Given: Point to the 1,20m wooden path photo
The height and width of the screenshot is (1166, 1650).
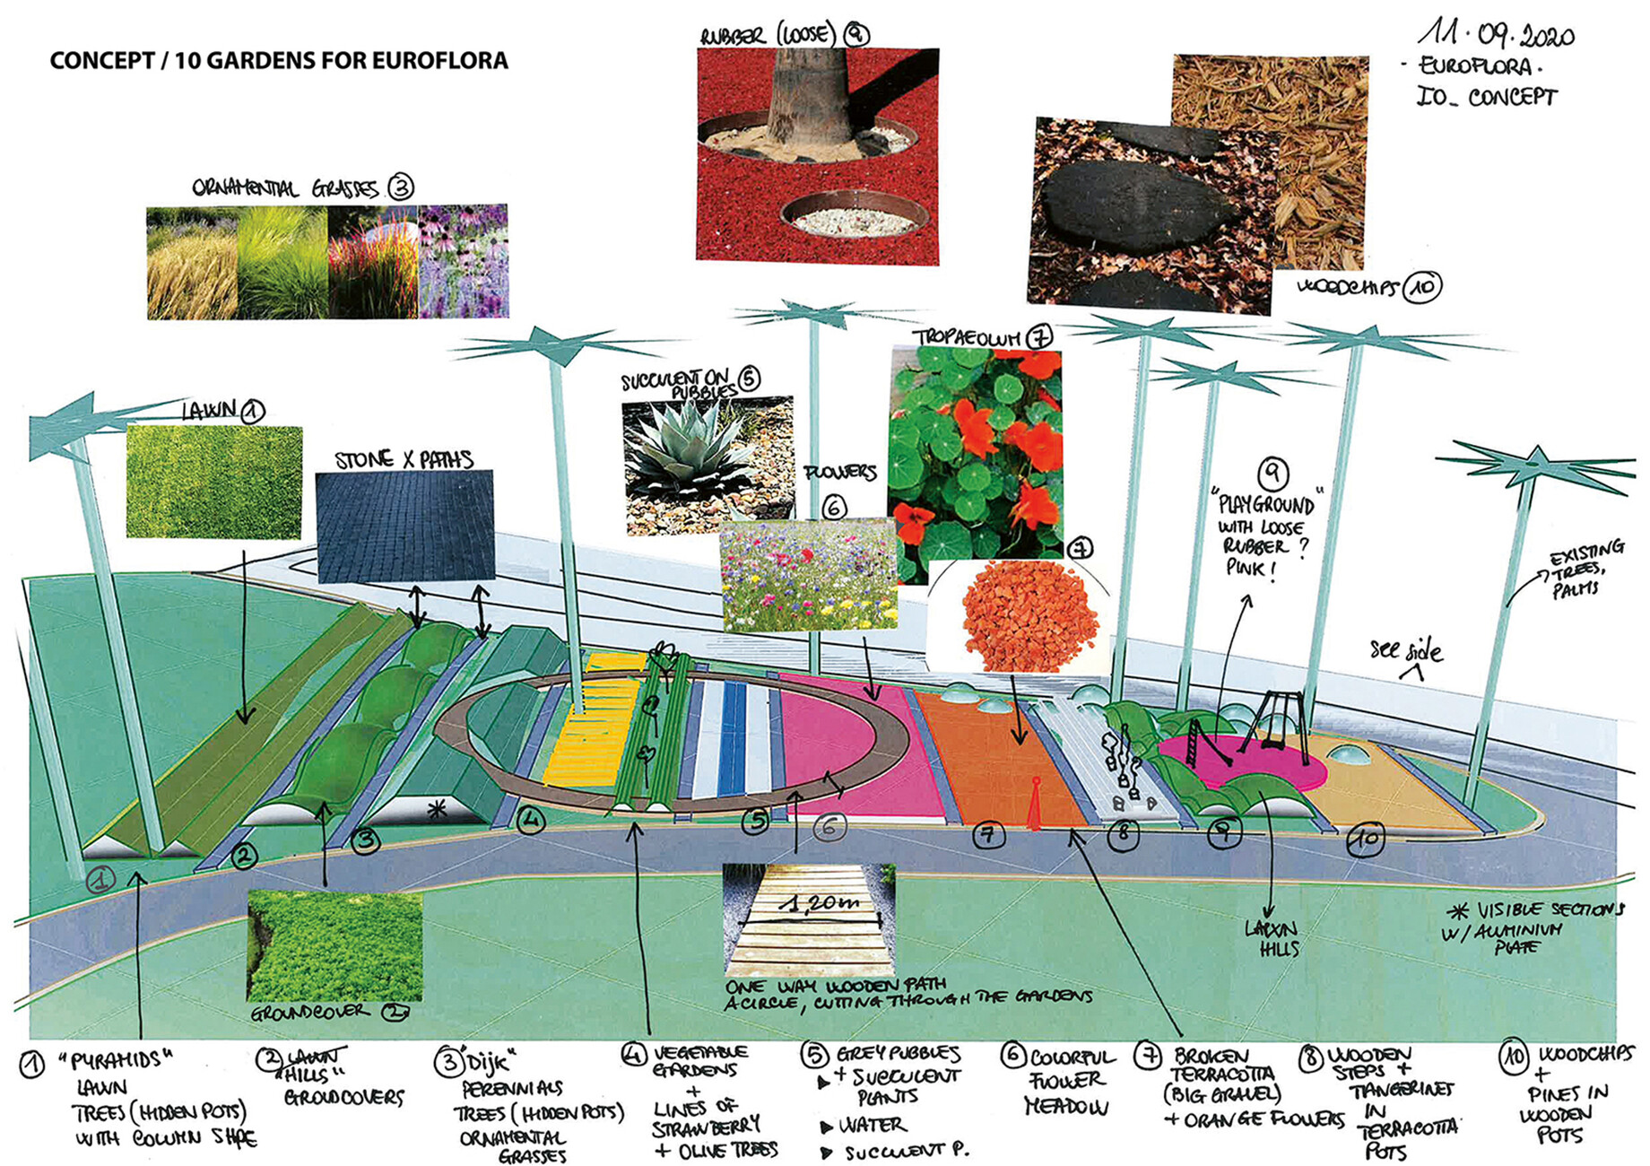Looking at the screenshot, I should pyautogui.click(x=809, y=920).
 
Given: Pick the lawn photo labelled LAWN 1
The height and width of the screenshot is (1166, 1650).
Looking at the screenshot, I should pyautogui.click(x=214, y=482).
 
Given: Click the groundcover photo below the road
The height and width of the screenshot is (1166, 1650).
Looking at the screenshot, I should pyautogui.click(x=334, y=945).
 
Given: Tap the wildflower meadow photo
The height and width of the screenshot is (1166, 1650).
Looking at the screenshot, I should pyautogui.click(x=809, y=574).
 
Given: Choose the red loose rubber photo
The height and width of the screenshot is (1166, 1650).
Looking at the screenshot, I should pyautogui.click(x=817, y=156).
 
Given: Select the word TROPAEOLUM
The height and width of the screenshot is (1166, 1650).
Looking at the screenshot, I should pyautogui.click(x=968, y=338).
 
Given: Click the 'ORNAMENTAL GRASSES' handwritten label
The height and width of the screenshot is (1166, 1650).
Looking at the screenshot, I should pyautogui.click(x=285, y=188).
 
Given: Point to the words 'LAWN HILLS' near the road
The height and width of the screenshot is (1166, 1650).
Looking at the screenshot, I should pyautogui.click(x=1272, y=938).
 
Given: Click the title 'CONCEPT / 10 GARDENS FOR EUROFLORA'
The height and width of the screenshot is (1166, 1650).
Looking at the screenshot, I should pyautogui.click(x=279, y=61).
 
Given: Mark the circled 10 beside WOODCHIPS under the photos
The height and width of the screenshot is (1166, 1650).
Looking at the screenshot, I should pyautogui.click(x=1421, y=287).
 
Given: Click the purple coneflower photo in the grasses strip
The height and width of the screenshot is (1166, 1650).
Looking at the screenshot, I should pyautogui.click(x=464, y=261).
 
